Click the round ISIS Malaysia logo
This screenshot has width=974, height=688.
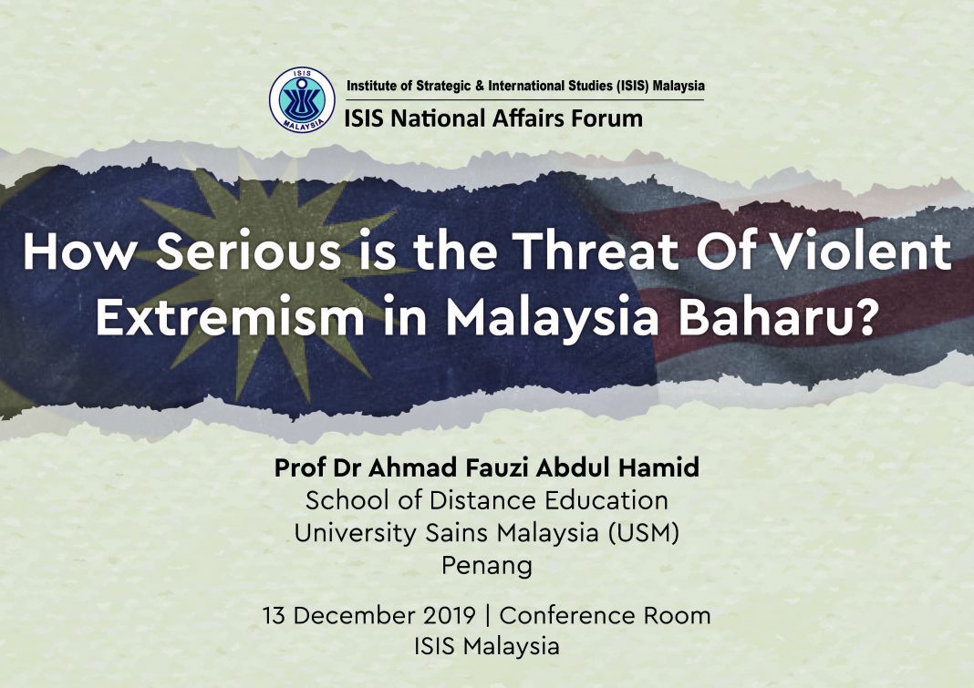click(302, 100)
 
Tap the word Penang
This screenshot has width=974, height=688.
click(487, 566)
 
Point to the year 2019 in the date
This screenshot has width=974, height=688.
click(450, 615)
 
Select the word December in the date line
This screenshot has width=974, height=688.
click(354, 615)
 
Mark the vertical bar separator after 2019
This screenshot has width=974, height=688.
click(488, 616)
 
